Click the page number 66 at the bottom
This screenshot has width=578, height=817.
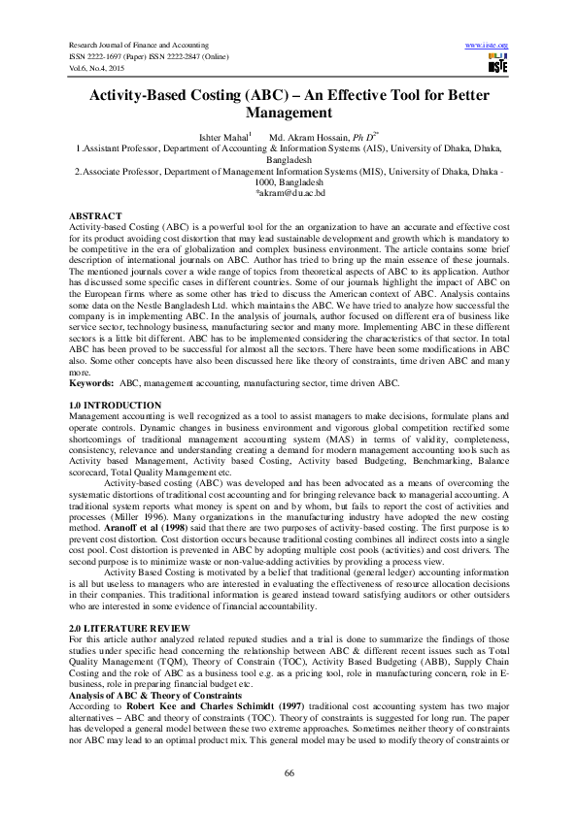pos(289,773)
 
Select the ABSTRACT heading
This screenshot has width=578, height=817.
pos(96,213)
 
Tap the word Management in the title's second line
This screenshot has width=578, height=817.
pos(289,113)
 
